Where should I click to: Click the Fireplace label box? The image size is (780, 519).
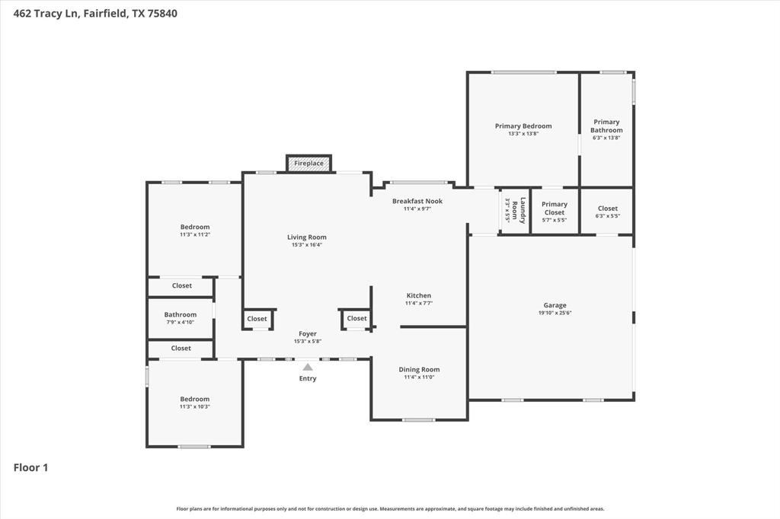(x=308, y=164)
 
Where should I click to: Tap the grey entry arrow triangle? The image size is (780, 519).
(x=308, y=367)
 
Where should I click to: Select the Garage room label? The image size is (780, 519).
(x=555, y=305)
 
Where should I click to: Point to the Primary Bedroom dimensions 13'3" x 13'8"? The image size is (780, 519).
(x=523, y=134)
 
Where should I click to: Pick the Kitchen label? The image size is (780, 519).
(x=419, y=295)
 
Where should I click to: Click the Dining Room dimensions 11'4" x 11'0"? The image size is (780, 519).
(x=419, y=377)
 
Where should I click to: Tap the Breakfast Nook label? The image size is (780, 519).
(x=417, y=201)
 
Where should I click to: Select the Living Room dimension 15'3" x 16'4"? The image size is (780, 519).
(x=307, y=245)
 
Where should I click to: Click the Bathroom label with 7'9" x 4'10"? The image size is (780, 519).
(x=181, y=314)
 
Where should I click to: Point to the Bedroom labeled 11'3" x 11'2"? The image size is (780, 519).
(x=195, y=227)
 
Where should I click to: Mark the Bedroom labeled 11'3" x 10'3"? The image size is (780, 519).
(x=195, y=399)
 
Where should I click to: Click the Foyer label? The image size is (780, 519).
(x=308, y=333)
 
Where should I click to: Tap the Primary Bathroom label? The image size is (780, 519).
(x=606, y=126)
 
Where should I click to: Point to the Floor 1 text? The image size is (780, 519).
(x=30, y=467)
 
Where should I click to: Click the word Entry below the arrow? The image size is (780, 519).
(x=308, y=378)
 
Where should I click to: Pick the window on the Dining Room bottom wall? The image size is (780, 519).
(x=419, y=419)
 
